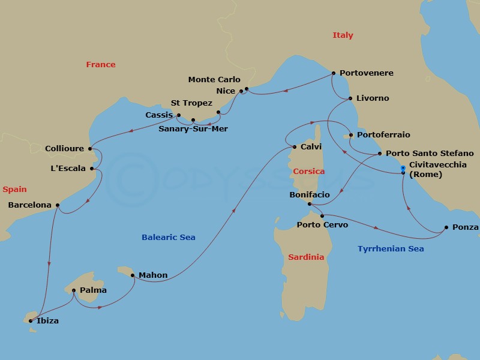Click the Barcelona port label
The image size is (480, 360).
(30, 205)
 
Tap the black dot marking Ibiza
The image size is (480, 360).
(30, 321)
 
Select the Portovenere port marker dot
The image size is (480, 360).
(334, 73)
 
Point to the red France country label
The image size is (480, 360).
(101, 64)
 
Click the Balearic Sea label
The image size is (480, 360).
(169, 238)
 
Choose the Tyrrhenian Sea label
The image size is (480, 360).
(391, 249)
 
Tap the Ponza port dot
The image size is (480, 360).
(446, 227)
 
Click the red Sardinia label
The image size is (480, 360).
(306, 257)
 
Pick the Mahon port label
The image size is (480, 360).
(153, 276)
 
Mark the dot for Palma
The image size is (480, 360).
(74, 290)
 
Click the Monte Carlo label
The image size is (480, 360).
(214, 80)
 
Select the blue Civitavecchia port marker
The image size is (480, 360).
(403, 168)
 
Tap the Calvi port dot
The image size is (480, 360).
(294, 147)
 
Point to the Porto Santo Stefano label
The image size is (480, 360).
(430, 154)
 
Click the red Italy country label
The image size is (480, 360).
(343, 35)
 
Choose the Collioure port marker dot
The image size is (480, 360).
(90, 149)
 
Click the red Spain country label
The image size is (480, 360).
(14, 190)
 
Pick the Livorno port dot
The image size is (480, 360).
(350, 98)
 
